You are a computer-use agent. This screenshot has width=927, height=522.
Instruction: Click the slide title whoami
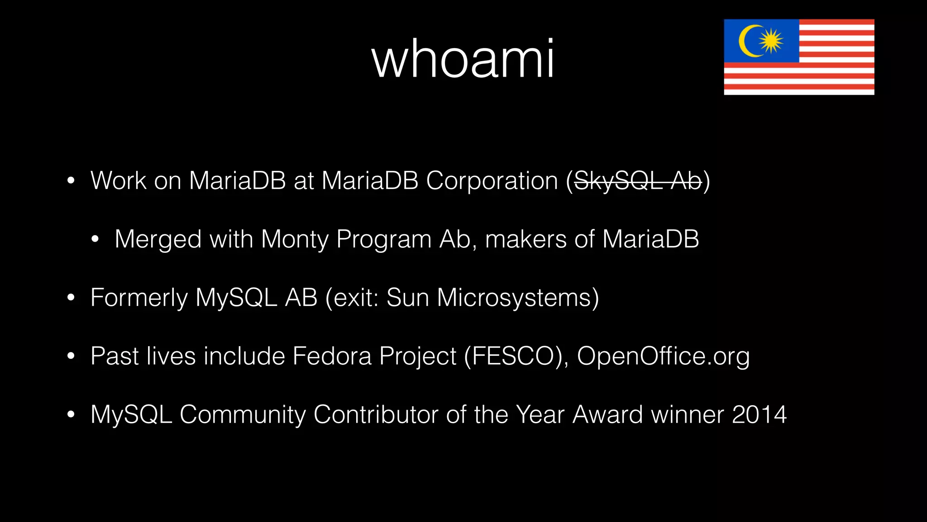point(463,59)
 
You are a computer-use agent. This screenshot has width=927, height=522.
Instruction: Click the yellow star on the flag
point(771,41)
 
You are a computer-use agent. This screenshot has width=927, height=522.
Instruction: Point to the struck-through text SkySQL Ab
point(637,181)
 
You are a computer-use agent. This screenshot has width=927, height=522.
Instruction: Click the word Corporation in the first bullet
point(492,181)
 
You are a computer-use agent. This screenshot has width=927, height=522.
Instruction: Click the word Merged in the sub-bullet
point(158,239)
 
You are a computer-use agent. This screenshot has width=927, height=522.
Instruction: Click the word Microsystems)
point(518,298)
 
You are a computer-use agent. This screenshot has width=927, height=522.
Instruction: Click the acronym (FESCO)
point(516,356)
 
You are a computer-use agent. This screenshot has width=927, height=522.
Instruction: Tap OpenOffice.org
point(663,356)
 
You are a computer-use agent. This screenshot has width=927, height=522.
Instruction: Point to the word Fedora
point(332,356)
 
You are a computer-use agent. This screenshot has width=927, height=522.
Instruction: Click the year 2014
point(759,415)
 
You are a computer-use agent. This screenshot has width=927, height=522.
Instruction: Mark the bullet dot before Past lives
point(71,356)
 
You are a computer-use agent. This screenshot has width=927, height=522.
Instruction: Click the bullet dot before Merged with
point(95,240)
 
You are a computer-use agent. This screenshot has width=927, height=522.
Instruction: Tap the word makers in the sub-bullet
point(526,239)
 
